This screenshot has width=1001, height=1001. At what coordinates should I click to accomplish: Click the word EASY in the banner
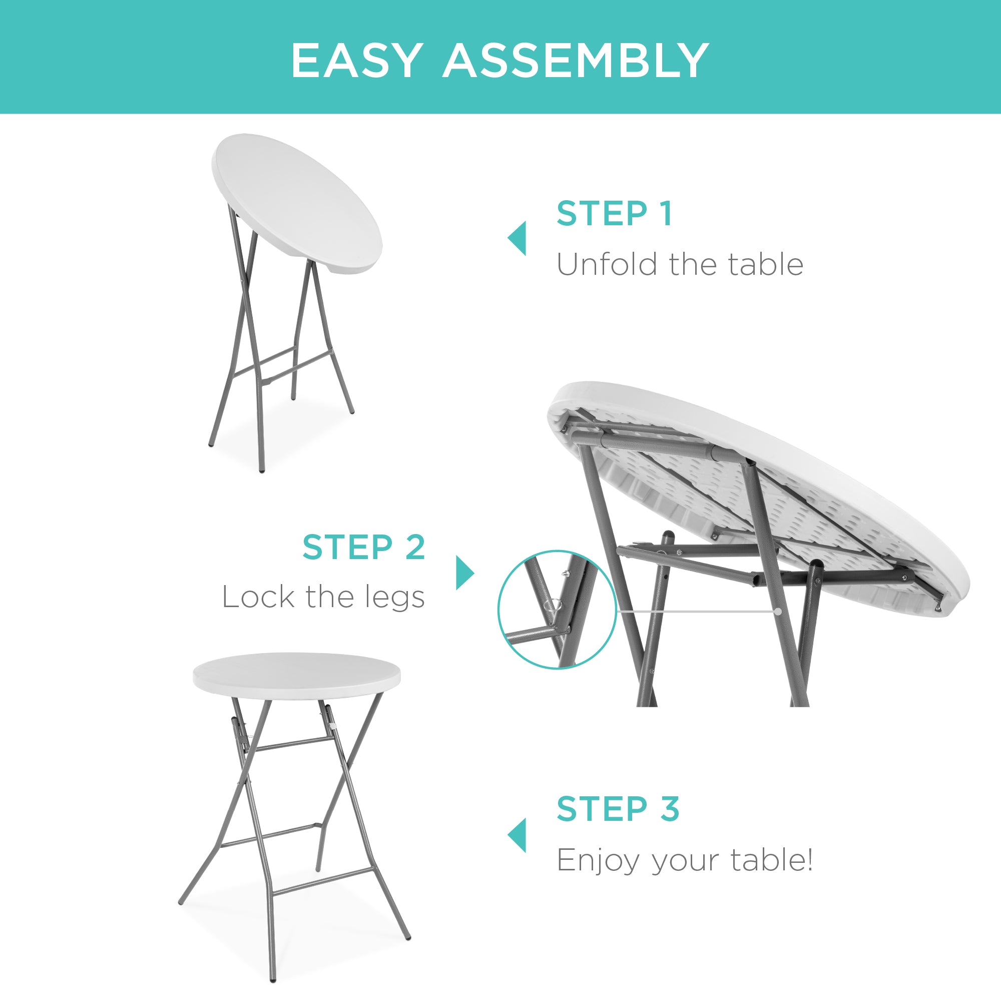tap(355, 61)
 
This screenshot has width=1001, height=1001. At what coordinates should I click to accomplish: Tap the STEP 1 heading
tap(615, 214)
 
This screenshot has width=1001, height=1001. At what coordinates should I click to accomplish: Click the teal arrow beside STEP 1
tap(517, 238)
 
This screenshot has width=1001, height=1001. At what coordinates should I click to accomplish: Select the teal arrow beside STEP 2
tap(464, 573)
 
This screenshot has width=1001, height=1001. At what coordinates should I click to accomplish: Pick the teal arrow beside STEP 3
tap(517, 835)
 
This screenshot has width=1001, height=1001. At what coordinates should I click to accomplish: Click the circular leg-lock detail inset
tap(557, 609)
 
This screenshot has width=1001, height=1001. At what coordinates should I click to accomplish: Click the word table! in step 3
tap(771, 860)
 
